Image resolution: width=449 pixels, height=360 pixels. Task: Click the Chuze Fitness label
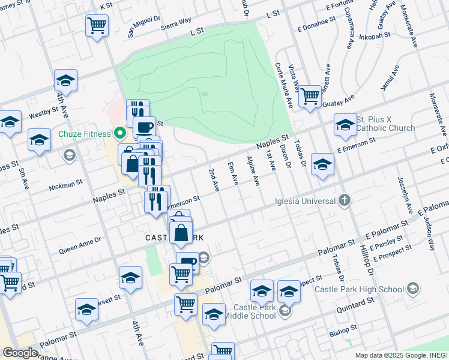pos(83,133)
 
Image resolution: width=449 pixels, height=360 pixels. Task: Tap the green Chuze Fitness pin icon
pos(119,133)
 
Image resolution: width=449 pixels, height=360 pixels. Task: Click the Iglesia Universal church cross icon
pos(344,200)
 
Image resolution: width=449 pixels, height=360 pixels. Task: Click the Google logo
pos(20,352)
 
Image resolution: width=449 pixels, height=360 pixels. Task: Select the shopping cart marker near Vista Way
pos(310,95)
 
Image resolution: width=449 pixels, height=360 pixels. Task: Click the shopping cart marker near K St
pos(97,26)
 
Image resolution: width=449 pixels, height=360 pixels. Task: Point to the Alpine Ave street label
pos(253,170)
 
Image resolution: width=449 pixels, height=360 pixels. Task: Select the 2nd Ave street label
pos(212,180)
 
